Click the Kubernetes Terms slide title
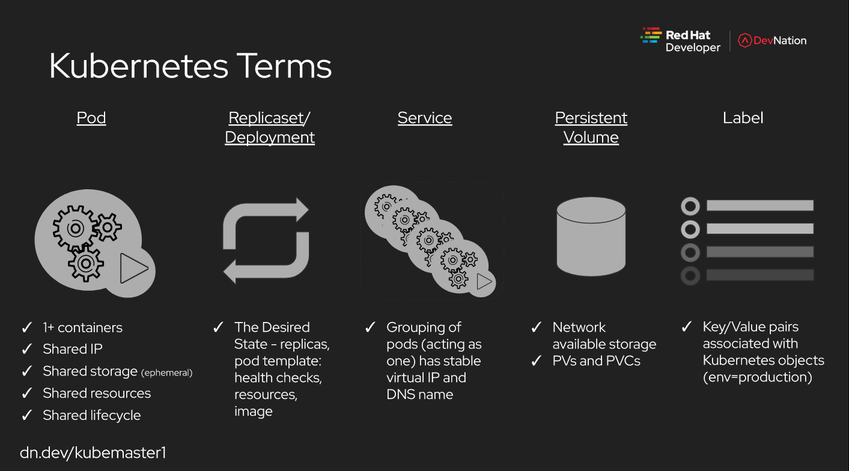(190, 66)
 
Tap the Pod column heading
(91, 118)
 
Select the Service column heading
(425, 118)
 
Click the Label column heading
(743, 118)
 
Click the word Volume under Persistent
(591, 137)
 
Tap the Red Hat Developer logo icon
(651, 35)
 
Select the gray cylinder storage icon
(591, 237)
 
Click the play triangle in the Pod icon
(132, 269)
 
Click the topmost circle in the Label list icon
(690, 207)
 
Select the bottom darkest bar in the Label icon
(760, 275)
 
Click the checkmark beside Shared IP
(27, 348)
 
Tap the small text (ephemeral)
(167, 373)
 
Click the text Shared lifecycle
(92, 415)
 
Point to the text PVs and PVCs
(596, 360)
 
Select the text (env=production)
(757, 377)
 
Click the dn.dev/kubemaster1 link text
(93, 453)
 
